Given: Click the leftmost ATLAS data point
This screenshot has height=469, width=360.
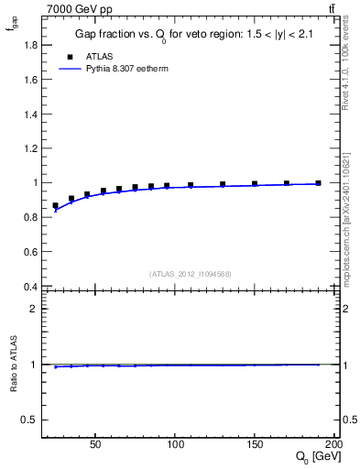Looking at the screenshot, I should [x=55, y=206].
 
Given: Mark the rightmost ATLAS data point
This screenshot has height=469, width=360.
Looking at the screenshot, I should [x=318, y=183].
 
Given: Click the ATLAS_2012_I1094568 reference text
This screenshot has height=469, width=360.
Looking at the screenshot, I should [x=190, y=273].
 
